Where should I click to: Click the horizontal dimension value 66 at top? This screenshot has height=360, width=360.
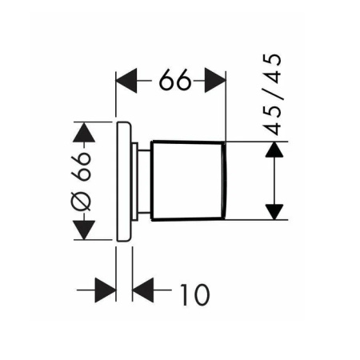[175, 80]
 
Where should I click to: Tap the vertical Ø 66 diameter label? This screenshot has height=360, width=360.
[82, 182]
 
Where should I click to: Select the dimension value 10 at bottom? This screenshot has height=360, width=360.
[195, 294]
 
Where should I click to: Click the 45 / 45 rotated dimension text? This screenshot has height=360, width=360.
[272, 94]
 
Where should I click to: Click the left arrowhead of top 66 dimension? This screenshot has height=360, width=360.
[126, 81]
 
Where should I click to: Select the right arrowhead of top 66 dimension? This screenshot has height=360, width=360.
[215, 81]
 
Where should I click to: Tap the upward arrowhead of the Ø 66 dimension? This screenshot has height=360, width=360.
[84, 132]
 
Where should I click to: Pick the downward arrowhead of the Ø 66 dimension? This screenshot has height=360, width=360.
[84, 230]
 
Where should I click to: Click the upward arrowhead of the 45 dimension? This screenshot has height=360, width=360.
[274, 150]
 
